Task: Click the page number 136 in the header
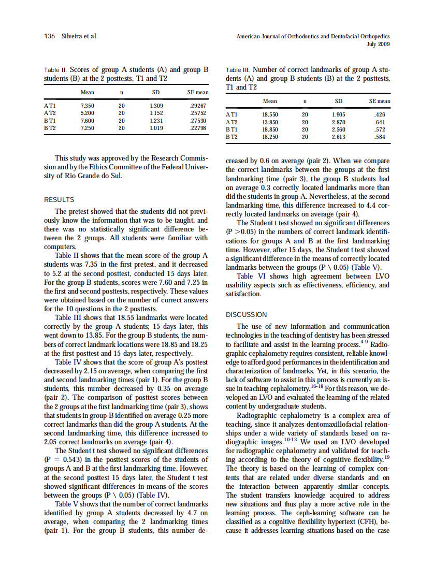click(50, 36)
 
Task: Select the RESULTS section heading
click(59, 200)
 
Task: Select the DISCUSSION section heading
click(246, 314)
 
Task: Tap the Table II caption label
click(55, 70)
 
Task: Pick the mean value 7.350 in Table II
click(87, 105)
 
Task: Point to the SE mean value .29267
click(198, 105)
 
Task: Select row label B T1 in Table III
click(232, 129)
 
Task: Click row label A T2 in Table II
click(50, 113)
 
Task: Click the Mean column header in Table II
click(87, 93)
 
